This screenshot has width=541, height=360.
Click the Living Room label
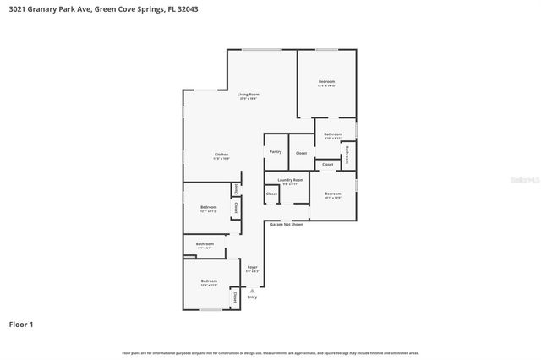(248, 94)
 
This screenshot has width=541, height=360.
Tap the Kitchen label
(221, 155)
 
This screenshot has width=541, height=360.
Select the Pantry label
(276, 152)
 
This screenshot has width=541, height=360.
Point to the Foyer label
(252, 267)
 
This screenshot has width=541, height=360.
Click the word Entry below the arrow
(252, 297)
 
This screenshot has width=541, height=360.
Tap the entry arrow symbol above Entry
(252, 290)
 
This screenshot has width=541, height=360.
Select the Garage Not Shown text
(287, 224)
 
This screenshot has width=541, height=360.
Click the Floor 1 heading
(22, 324)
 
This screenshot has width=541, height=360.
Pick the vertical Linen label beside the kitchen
(236, 188)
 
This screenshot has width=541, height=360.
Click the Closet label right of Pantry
(301, 153)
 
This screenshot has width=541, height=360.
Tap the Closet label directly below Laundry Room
(271, 194)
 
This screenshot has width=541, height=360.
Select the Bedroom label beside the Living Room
(326, 82)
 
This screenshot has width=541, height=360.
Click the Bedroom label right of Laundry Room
(332, 194)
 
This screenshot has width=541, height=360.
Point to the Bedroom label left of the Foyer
(208, 281)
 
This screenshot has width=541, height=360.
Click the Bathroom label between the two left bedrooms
(205, 244)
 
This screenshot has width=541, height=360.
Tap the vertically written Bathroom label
(347, 154)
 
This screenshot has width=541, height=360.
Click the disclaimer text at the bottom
(270, 352)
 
